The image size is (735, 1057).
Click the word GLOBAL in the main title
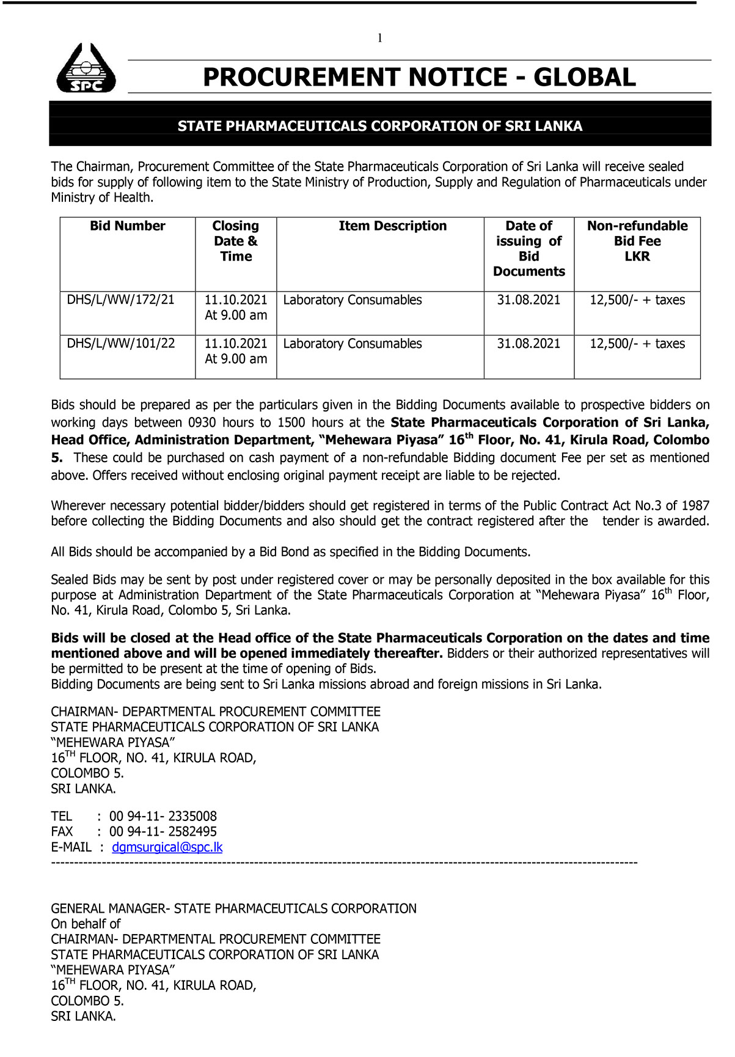584,78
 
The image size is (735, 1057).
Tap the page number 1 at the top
380,39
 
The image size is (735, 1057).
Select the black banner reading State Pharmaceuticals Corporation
380,126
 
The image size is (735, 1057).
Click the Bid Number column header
128,226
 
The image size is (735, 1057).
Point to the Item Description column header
392,226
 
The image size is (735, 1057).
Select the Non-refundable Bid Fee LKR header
637,241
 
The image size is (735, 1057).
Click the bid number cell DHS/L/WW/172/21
120,300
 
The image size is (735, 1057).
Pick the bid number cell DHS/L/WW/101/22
120,344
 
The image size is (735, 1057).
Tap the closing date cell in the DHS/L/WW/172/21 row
236,307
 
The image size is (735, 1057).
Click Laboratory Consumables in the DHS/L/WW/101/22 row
353,344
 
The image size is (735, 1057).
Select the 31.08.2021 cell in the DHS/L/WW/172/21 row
528,300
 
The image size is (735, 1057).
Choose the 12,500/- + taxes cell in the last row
637,344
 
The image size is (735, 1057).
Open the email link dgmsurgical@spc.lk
167,847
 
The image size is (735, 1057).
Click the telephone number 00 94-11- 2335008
163,817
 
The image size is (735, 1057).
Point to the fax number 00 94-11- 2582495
163,832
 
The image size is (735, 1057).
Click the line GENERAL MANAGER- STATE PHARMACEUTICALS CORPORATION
233,909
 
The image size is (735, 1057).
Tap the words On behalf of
86,924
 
